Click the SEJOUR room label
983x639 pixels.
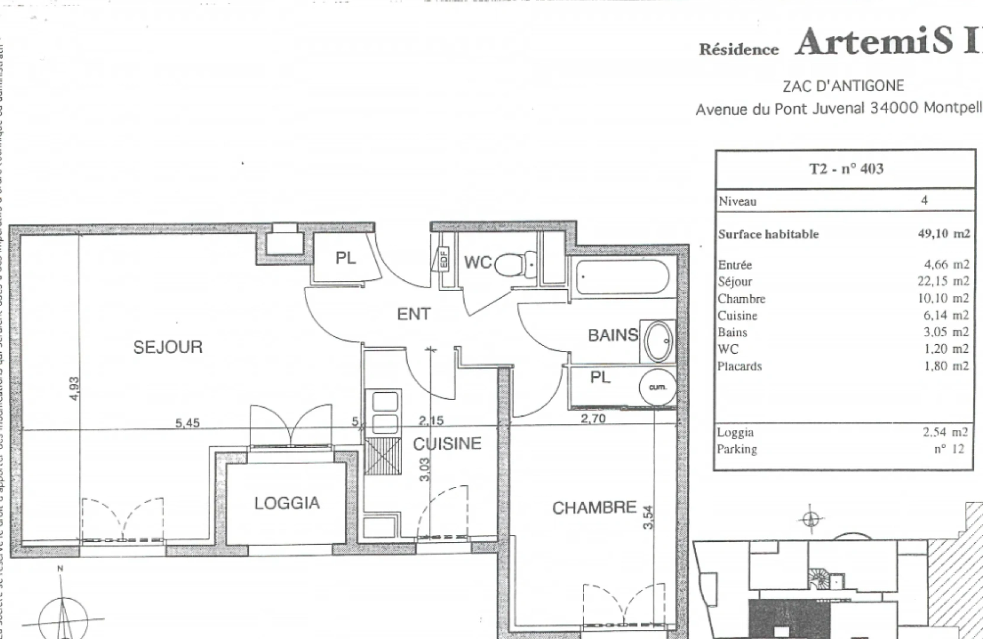pos(167,347)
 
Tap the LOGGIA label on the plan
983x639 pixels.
pos(287,503)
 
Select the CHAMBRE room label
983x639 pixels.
pos(594,508)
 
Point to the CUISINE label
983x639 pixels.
pos(447,444)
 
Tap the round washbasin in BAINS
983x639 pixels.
pos(658,342)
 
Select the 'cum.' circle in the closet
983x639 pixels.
pos(658,388)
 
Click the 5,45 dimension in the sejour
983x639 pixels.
pos(188,423)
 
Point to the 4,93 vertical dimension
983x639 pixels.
pos(74,388)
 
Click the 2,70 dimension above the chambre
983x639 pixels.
pos(592,419)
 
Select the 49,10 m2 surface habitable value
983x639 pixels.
pos(943,234)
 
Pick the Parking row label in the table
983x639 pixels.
pos(737,449)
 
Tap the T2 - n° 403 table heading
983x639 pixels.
pos(846,169)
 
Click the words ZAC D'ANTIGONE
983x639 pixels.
pos(843,86)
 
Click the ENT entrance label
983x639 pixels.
pos(414,314)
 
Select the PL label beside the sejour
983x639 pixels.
pos(346,259)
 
